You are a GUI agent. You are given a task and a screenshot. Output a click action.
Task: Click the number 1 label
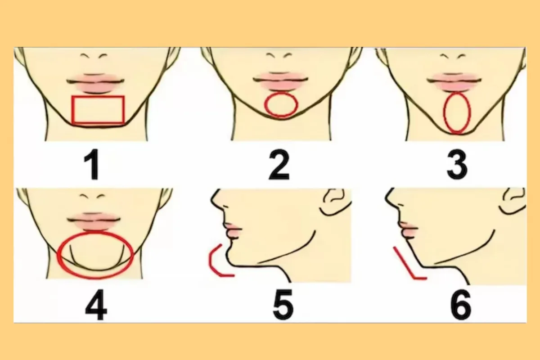click(92, 164)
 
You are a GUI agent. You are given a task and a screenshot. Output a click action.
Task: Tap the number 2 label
click(279, 164)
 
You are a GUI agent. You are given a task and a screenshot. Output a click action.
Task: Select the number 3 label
click(457, 164)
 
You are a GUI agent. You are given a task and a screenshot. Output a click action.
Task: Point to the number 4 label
click(96, 305)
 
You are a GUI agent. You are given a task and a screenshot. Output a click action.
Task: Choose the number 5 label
click(283, 305)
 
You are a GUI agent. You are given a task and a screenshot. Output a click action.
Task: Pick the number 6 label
click(461, 305)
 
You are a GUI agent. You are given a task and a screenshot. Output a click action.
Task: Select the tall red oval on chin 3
click(444, 113)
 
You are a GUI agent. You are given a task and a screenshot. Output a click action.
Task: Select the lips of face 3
click(454, 81)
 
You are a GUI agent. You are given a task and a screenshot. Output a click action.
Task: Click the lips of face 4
click(94, 221)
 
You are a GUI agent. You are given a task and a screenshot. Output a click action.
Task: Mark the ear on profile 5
click(336, 201)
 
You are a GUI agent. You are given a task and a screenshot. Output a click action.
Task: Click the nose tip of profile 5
click(212, 200)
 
